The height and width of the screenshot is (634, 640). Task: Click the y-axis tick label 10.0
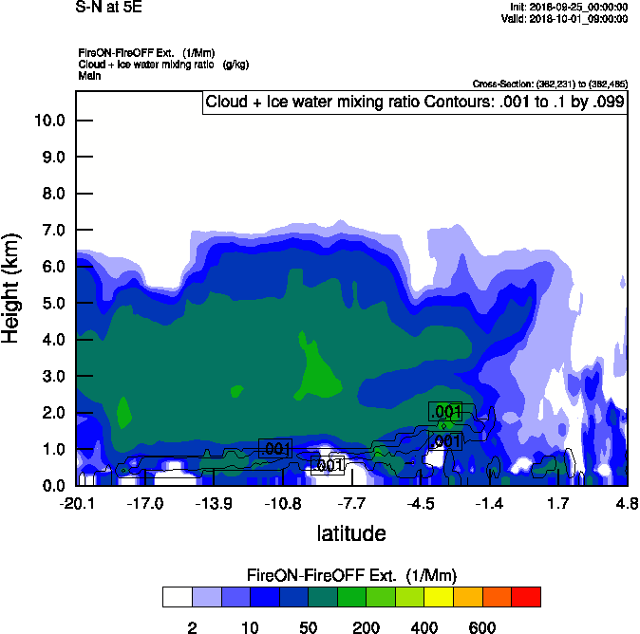[x=48, y=121]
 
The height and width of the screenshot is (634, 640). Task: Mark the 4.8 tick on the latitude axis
[x=627, y=503]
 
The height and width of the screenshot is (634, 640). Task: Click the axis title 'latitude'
[x=350, y=533]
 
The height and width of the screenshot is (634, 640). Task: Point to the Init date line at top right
[x=568, y=8]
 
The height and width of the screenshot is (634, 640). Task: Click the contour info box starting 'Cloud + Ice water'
[x=415, y=103]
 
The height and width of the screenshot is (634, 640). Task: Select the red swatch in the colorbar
[x=526, y=597]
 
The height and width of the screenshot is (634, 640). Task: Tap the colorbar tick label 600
[x=482, y=627]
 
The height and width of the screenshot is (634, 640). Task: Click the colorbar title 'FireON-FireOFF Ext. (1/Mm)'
[x=353, y=576]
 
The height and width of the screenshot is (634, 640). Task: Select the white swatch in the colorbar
[x=177, y=597]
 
